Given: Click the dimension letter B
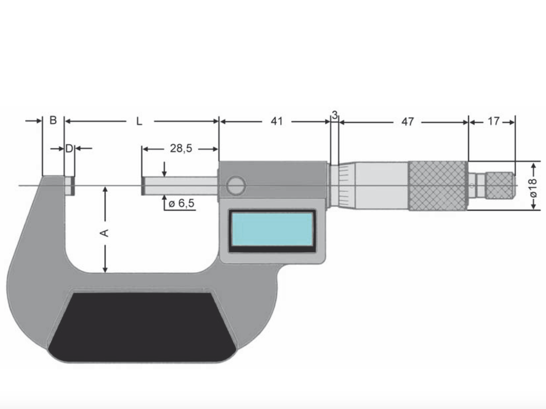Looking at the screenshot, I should [53, 120].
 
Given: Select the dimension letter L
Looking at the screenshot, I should [139, 122].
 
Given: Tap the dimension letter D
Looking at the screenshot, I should [69, 148].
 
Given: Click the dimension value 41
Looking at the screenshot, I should [276, 121].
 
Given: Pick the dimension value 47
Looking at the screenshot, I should [407, 122].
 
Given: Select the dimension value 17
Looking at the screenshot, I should [493, 122].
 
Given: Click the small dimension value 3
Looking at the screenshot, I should [334, 116].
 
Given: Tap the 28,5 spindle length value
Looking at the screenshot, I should [181, 148].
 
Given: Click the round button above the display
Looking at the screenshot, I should [236, 186].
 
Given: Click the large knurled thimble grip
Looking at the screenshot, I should [437, 186].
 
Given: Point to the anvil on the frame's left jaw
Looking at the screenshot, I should [70, 186].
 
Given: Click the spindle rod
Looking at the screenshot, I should [180, 186].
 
